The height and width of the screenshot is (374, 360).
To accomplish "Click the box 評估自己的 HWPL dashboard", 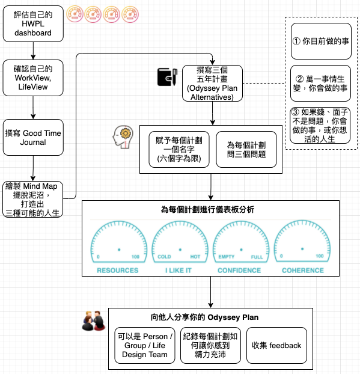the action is click(33, 23).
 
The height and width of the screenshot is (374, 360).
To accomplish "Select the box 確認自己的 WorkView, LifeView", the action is click(33, 78).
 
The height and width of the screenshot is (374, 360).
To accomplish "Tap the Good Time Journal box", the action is click(33, 137).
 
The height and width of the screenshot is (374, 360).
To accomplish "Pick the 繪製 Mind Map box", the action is click(33, 199).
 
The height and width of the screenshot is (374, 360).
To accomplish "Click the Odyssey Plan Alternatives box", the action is click(212, 83).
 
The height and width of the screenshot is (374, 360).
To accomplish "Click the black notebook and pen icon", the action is click(167, 77).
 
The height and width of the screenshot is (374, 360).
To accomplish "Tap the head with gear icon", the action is click(123, 137).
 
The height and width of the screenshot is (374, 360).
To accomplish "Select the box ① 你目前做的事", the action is click(321, 41).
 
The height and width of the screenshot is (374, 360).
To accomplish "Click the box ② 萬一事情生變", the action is click(321, 83).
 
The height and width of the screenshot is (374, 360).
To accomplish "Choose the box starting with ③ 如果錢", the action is click(320, 125).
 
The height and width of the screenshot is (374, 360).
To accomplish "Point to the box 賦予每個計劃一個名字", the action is click(179, 149).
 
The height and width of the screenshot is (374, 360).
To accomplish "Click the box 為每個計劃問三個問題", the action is click(246, 149).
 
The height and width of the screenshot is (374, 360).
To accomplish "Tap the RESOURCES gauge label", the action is click(118, 270).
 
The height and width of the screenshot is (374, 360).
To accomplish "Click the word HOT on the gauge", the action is click(195, 257).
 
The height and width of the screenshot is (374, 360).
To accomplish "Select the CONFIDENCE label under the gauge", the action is click(239, 270).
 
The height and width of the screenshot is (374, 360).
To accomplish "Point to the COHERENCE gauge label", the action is click(303, 270).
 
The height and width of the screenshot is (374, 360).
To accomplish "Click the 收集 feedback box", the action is click(276, 345).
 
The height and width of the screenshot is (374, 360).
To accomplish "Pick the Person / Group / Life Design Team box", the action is click(145, 345).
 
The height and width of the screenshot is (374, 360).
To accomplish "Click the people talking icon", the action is click(94, 320).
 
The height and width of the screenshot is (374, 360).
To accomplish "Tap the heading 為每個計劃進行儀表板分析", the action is click(208, 210).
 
